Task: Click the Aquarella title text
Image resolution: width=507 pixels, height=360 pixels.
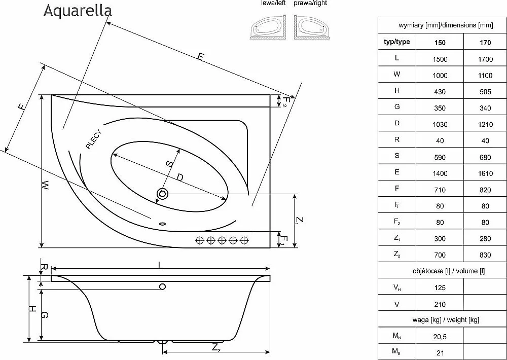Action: pyautogui.click(x=78, y=10)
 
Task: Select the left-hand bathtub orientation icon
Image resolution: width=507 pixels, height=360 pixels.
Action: pyautogui.click(x=268, y=27)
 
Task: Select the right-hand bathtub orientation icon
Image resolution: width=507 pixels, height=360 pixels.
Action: pyautogui.click(x=312, y=27)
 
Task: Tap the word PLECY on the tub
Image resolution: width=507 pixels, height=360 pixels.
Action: pyautogui.click(x=94, y=139)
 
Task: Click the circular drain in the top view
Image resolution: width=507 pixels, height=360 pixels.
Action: pyautogui.click(x=162, y=194)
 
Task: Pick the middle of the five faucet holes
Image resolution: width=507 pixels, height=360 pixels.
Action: pyautogui.click(x=222, y=240)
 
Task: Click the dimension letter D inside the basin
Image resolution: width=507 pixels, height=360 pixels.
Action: pyautogui.click(x=180, y=177)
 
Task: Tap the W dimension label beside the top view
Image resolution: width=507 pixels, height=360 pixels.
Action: pyautogui.click(x=46, y=185)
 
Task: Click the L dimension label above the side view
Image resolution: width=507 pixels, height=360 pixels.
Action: pyautogui.click(x=160, y=265)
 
